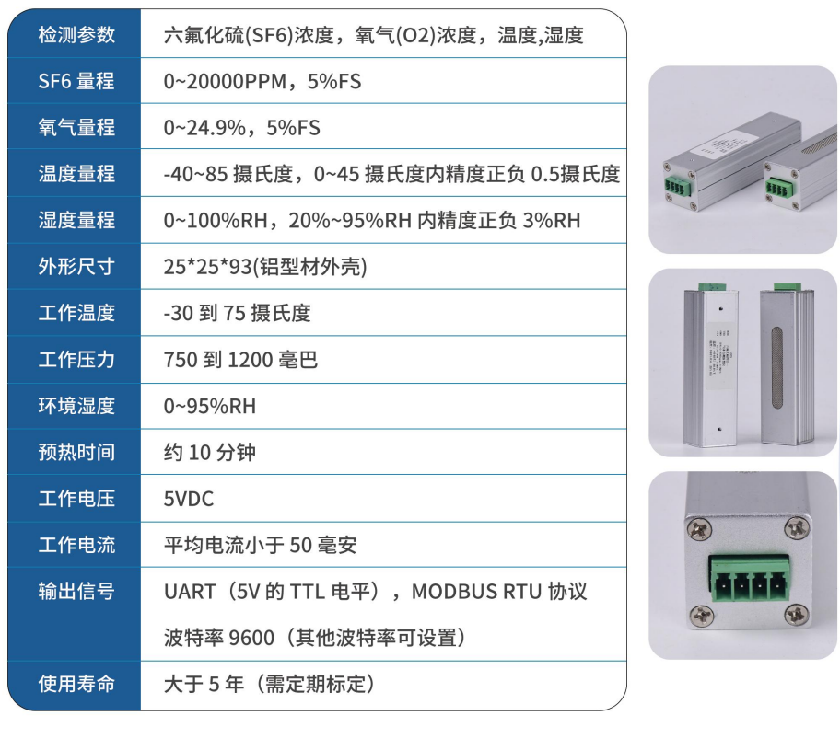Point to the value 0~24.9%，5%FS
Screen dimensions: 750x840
coord(242,128)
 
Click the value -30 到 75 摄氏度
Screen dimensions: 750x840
coord(238,313)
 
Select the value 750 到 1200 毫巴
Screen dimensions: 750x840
coord(240,359)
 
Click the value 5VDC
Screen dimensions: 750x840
coord(189,499)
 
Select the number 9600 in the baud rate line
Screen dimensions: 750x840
coord(251,637)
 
